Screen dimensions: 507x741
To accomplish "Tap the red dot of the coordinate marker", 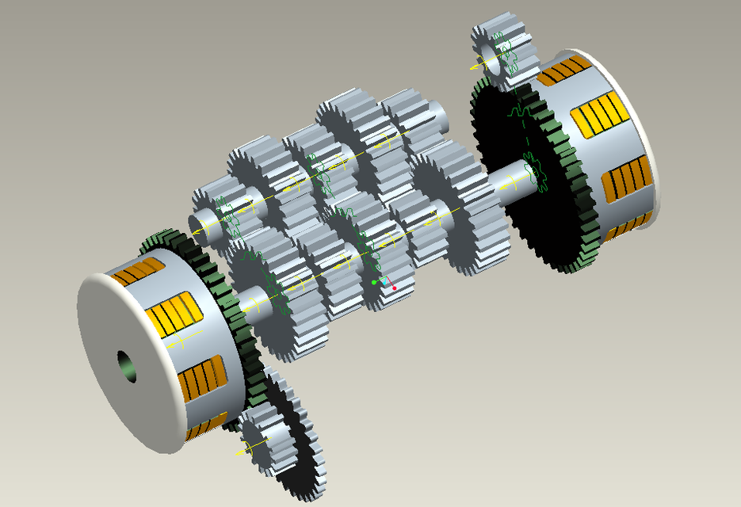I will (394, 288).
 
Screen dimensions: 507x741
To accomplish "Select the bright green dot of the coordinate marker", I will (374, 282).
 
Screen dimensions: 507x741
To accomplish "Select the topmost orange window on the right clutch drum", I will (563, 70).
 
